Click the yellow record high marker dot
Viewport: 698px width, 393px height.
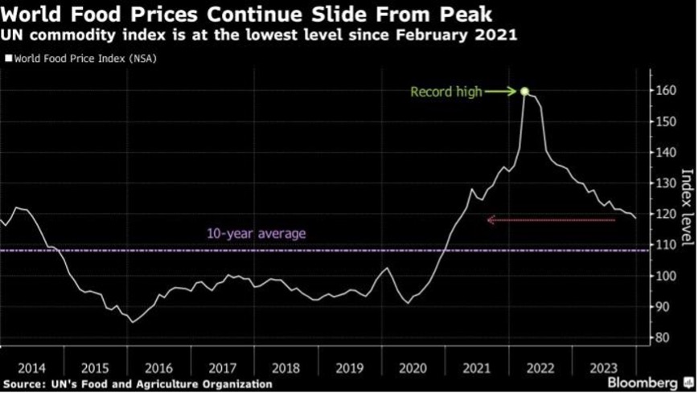pyautogui.click(x=524, y=92)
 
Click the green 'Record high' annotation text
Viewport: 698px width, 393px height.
pyautogui.click(x=446, y=92)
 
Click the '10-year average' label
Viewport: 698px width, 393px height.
pyautogui.click(x=257, y=234)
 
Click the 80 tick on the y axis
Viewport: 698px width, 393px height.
pyautogui.click(x=659, y=338)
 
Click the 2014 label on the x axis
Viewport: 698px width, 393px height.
pyautogui.click(x=31, y=367)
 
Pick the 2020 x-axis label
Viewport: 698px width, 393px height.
pyautogui.click(x=413, y=367)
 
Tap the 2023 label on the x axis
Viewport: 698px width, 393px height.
pyautogui.click(x=605, y=367)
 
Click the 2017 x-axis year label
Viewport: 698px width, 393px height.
pyautogui.click(x=222, y=367)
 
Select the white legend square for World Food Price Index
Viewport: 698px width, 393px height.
pyautogui.click(x=9, y=58)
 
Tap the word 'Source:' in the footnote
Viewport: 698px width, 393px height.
pyautogui.click(x=26, y=384)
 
